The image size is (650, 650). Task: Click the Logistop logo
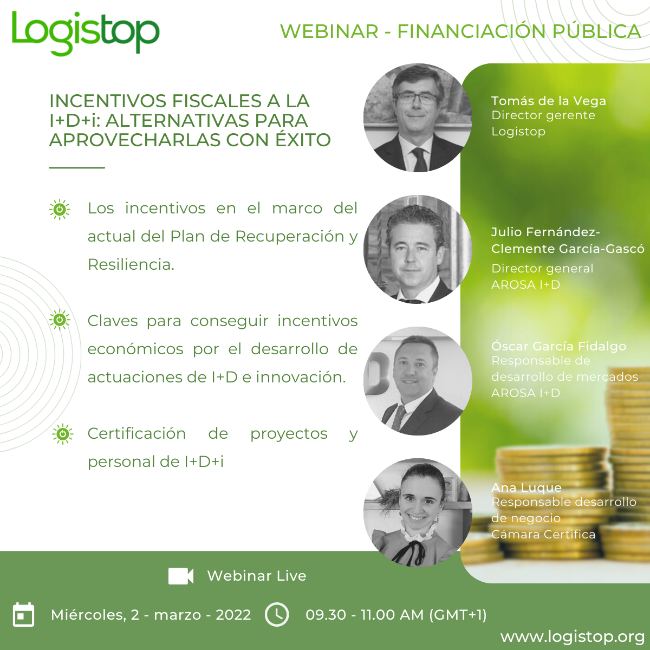(x=86, y=33)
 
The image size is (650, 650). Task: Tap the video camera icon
(x=181, y=576)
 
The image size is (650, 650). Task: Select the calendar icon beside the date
(x=23, y=614)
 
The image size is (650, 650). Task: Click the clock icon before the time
(x=277, y=614)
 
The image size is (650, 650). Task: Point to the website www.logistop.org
(x=573, y=637)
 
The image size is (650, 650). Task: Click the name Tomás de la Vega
(x=549, y=101)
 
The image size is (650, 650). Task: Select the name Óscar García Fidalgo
(x=558, y=346)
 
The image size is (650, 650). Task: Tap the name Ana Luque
(x=526, y=487)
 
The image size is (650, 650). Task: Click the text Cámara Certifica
(x=543, y=534)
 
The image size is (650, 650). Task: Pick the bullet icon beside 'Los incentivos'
(x=60, y=210)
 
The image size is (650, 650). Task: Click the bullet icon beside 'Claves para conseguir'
(x=60, y=320)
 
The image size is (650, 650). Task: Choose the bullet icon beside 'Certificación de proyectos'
(x=63, y=434)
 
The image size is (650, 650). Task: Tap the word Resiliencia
(x=131, y=265)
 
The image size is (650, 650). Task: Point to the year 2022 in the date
(x=233, y=615)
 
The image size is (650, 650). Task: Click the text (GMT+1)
(x=458, y=615)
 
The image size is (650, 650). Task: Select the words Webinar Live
(x=257, y=576)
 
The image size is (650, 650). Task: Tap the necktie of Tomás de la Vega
(x=419, y=159)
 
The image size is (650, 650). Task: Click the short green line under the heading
(x=77, y=167)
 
